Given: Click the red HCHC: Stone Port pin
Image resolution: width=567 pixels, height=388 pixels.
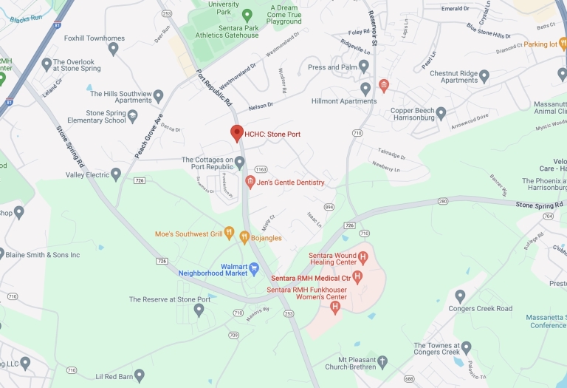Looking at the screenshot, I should [237, 133].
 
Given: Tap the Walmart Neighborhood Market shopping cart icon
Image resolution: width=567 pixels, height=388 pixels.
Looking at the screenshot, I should [255, 268].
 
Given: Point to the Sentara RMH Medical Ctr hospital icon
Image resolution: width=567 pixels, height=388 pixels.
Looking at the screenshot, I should [357, 277].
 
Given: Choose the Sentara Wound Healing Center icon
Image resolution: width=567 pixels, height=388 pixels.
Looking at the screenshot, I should [362, 259].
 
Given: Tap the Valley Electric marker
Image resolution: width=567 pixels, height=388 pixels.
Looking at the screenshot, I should [116, 174].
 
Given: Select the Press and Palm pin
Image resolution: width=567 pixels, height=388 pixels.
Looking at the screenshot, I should [364, 67].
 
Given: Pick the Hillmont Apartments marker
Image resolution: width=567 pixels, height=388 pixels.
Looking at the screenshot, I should [365, 89].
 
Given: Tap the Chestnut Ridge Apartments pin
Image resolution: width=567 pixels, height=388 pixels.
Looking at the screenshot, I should [484, 76].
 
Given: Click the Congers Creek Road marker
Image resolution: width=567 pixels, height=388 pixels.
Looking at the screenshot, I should [460, 296].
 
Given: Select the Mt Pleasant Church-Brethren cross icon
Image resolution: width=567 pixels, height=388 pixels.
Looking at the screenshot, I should [382, 363].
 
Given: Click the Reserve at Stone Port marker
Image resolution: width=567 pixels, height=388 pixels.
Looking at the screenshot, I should [199, 310].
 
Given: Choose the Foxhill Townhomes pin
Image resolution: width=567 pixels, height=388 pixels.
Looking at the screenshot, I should [113, 50].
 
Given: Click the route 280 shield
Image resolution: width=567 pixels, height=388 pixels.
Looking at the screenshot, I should [443, 201].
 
